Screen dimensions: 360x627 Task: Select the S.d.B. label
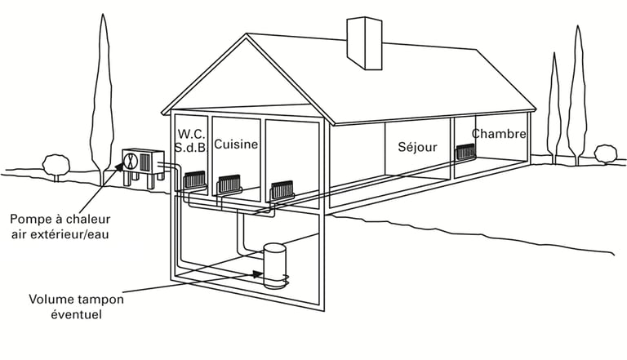click(x=192, y=148)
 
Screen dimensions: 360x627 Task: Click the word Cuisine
click(x=236, y=144)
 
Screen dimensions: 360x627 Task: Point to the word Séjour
click(x=417, y=148)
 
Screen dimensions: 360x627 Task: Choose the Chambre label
click(x=499, y=133)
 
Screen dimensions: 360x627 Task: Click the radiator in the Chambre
click(x=465, y=151)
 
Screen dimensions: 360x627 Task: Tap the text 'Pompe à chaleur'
click(x=60, y=219)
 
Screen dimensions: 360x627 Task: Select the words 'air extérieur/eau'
click(x=60, y=234)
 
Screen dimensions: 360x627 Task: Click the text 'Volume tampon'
click(x=77, y=299)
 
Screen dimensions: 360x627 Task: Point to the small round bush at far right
click(x=606, y=153)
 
